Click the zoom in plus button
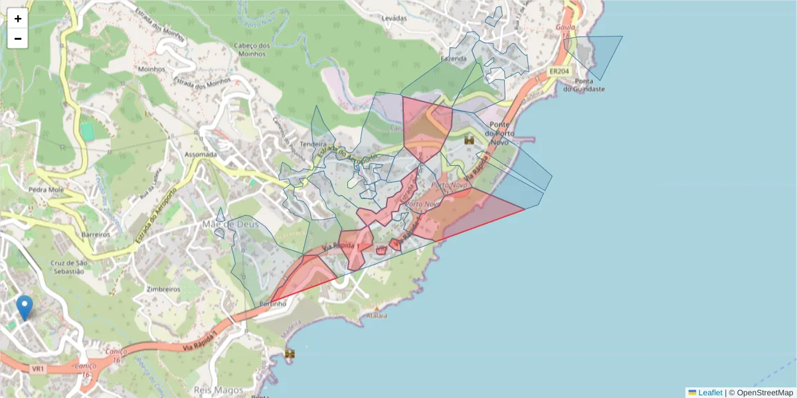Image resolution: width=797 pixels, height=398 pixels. pos(18,19)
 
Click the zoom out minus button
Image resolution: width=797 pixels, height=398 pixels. pos(18,38)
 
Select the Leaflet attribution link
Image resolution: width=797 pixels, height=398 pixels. pos(709,393)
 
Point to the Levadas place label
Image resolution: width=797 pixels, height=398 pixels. pos(394,19)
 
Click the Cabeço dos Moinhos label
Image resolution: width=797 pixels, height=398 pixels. pos(252,50)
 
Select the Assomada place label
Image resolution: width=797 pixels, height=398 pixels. pos(200,155)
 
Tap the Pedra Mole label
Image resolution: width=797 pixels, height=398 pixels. pos(45,189)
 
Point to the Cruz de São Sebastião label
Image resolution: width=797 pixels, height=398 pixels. pos(67,267)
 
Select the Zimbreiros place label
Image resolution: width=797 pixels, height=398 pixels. pos(164,289)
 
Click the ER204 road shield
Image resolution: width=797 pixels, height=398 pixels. pos(559,70)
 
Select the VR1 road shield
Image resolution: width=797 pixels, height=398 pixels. pos(38,368)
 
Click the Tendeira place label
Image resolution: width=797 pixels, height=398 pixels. pos(313,144)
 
